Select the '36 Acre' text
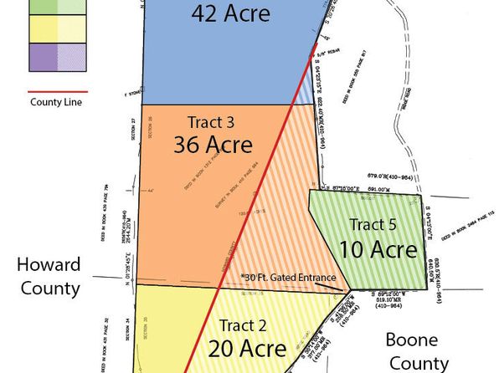(213, 144)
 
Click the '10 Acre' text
(378, 249)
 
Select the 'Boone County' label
(416, 351)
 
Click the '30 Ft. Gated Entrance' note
(289, 278)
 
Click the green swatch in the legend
(44, 5)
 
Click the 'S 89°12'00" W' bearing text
(388, 294)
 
